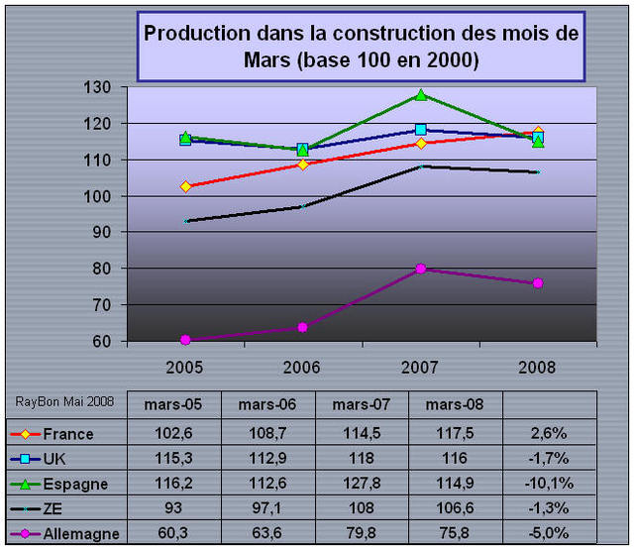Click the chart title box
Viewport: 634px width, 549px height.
pyautogui.click(x=361, y=47)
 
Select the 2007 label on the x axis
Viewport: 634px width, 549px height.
pyautogui.click(x=421, y=366)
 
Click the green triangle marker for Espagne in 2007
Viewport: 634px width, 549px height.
pyautogui.click(x=421, y=95)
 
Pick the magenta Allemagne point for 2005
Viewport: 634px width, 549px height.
pyautogui.click(x=186, y=340)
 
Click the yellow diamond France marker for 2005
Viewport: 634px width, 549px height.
pyautogui.click(x=186, y=186)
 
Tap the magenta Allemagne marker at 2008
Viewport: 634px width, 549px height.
pyautogui.click(x=538, y=283)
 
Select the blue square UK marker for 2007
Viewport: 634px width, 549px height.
pyautogui.click(x=421, y=130)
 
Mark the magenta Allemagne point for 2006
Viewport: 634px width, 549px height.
pyautogui.click(x=303, y=327)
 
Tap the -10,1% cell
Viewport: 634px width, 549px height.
pyautogui.click(x=551, y=484)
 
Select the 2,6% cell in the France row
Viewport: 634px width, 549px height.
pyautogui.click(x=551, y=434)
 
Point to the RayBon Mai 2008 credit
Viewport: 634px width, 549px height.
pyautogui.click(x=62, y=401)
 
